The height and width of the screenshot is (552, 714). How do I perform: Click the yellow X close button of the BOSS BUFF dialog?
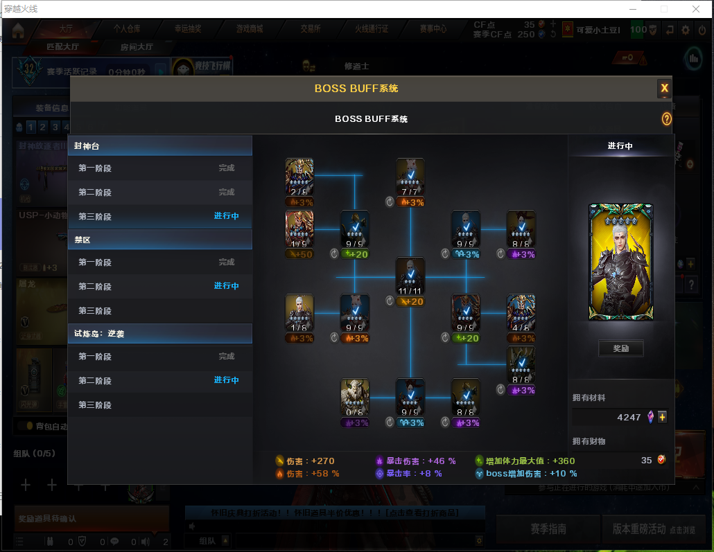(x=664, y=88)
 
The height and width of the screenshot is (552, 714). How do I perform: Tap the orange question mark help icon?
(x=666, y=119)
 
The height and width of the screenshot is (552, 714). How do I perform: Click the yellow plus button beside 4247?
(x=662, y=417)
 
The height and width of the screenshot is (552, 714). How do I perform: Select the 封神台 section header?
(x=159, y=146)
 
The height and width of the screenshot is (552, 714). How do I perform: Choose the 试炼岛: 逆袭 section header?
(x=159, y=333)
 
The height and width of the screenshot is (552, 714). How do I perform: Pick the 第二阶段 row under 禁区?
(x=159, y=286)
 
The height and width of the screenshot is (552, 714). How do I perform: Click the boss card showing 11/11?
(x=410, y=276)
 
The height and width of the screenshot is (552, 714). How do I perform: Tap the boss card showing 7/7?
(x=410, y=177)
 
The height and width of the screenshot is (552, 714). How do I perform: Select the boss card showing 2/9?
(x=299, y=177)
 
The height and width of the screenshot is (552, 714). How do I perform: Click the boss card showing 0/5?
(x=355, y=397)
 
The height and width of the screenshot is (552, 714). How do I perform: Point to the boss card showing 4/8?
(x=521, y=312)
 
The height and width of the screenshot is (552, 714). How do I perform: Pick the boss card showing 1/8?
(x=299, y=312)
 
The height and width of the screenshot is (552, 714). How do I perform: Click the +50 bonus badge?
(x=299, y=254)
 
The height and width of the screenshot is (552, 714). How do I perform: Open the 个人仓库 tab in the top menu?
(x=127, y=29)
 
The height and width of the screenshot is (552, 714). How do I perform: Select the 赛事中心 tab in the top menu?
(x=433, y=29)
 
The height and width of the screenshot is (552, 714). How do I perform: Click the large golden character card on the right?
(x=620, y=262)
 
